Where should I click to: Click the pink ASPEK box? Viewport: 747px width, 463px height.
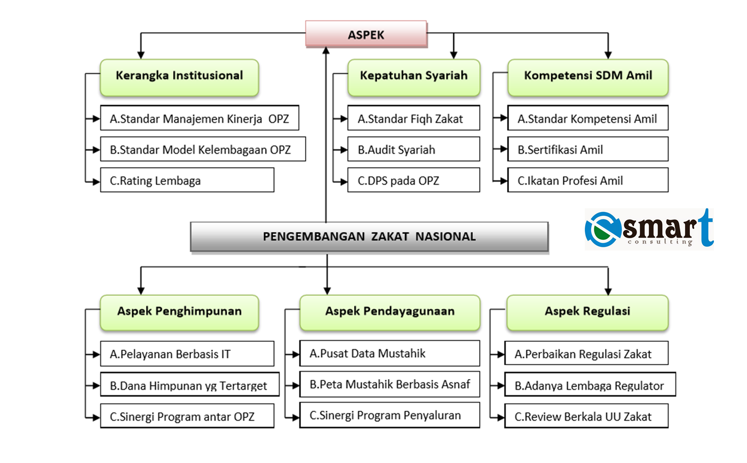(x=366, y=34)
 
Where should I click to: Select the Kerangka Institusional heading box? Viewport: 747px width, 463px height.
(x=179, y=77)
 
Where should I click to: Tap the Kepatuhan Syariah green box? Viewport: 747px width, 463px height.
(x=414, y=77)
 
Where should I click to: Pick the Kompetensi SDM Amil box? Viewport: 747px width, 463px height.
(x=588, y=77)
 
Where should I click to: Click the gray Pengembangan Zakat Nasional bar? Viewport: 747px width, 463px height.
(x=369, y=237)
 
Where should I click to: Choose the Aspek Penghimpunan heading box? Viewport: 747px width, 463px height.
(x=179, y=313)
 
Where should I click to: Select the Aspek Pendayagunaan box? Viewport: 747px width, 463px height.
(x=390, y=313)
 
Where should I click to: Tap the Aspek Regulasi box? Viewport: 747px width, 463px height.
(x=587, y=313)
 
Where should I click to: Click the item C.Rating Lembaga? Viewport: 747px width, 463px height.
(x=187, y=181)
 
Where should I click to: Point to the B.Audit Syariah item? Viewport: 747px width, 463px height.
(x=414, y=149)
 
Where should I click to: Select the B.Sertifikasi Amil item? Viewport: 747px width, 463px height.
(x=588, y=149)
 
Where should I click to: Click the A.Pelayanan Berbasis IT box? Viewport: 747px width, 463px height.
(x=187, y=354)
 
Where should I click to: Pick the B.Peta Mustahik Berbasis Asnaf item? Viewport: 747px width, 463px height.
(x=390, y=384)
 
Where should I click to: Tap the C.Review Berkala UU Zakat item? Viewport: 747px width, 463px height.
(x=586, y=416)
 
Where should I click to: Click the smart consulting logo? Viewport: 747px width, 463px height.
(x=649, y=229)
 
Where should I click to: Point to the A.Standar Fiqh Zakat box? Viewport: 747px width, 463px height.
(x=414, y=118)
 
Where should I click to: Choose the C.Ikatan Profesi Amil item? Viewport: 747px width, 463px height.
(x=588, y=181)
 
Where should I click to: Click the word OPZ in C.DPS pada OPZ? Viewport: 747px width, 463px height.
(x=428, y=181)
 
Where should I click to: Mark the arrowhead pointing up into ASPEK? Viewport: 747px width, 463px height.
(x=326, y=50)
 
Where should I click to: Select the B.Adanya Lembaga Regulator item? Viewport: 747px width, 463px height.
(x=590, y=384)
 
